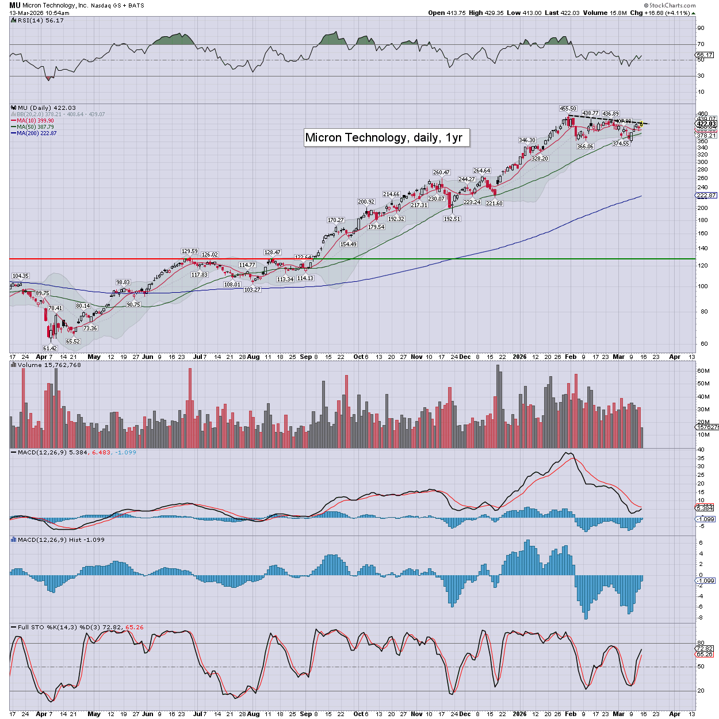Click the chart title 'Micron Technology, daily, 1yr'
pos(384,137)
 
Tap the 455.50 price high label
pos(568,109)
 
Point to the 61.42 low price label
pos(50,349)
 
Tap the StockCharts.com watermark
pos(672,5)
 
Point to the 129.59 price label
pos(189,251)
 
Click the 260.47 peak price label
pos(441,173)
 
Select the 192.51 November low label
pos(452,219)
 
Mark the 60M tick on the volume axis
pos(703,371)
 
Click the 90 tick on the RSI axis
pos(701,28)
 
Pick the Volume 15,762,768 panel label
pos(49,365)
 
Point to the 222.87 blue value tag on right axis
pos(706,196)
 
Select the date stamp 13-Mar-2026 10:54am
pos(39,13)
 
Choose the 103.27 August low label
pos(252,290)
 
